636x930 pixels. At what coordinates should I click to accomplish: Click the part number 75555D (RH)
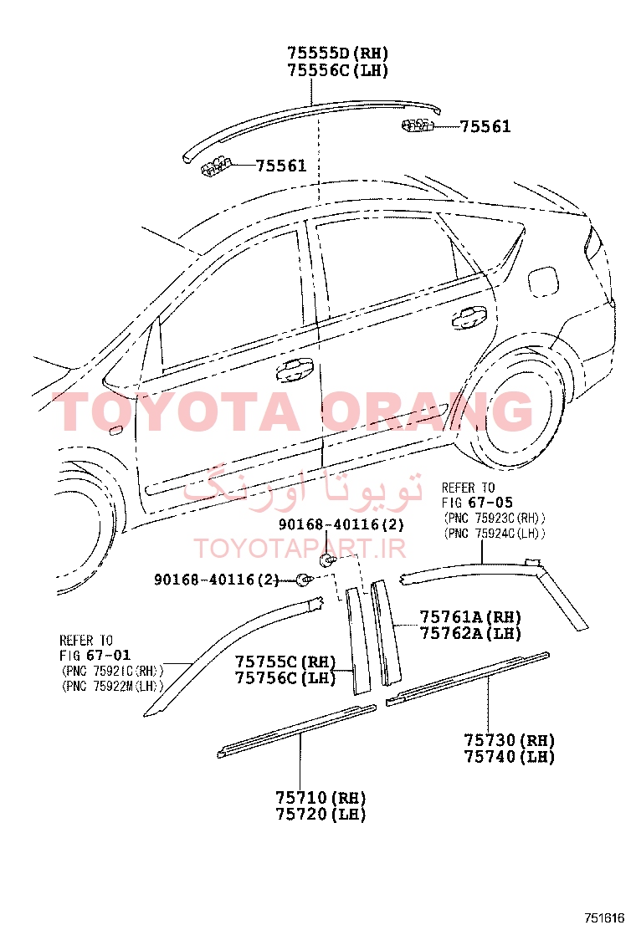pos(337,54)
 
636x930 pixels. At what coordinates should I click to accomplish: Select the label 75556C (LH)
pos(337,70)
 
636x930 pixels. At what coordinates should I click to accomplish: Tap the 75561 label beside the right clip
pos(485,126)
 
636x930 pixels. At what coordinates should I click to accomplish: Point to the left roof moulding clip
pos(216,166)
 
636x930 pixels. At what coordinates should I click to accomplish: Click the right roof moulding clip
pos(417,125)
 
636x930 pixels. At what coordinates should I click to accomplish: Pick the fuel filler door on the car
pos(543,278)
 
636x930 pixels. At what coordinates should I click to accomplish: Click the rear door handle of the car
pos(469,319)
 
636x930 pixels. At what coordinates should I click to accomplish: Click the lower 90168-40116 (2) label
pos(217,580)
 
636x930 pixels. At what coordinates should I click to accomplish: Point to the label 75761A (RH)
pos(470,617)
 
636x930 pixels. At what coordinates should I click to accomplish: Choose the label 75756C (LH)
pos(285,678)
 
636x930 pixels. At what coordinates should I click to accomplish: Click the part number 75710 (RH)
pos(321,798)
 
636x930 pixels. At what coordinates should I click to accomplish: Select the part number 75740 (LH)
pos(509,757)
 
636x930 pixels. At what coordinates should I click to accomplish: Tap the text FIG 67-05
pos(478,503)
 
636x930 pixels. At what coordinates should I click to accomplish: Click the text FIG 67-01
pos(95,656)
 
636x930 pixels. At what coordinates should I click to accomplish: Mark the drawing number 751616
pos(604,917)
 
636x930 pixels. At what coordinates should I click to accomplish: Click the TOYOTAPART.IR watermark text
pos(300,549)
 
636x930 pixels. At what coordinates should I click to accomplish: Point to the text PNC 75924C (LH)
pos(495,534)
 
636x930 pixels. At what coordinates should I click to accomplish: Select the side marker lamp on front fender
pos(115,429)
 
